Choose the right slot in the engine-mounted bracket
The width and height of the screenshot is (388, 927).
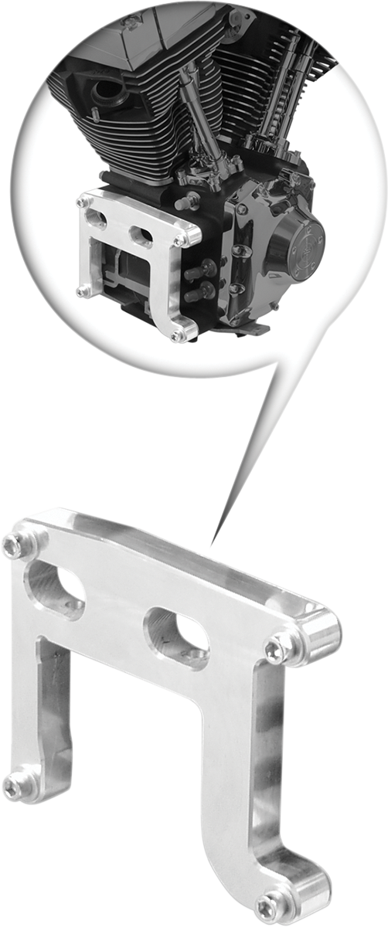pos(143,235)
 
